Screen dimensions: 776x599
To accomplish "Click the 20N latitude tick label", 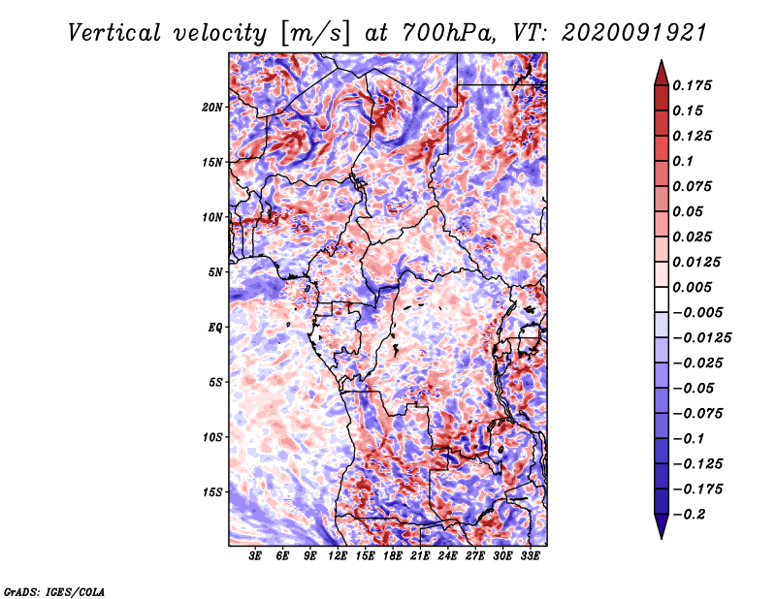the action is pos(212,108).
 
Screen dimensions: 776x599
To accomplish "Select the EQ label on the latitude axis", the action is pos(215,328).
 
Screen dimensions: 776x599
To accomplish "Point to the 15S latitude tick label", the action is pos(212,492).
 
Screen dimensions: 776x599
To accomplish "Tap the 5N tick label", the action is pos(215,272).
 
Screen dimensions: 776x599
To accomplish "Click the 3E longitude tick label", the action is pos(255,556).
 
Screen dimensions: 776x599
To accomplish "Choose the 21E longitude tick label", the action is pos(420,556).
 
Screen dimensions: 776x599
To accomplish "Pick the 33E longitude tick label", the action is pos(530,556).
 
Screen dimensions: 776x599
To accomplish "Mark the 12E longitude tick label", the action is pos(337,556).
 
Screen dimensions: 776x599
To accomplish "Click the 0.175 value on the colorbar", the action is pos(692,85).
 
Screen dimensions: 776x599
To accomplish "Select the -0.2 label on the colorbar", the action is pos(689,515).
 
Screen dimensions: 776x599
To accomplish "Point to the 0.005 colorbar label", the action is pos(692,287).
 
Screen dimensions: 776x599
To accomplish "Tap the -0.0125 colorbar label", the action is pos(701,338).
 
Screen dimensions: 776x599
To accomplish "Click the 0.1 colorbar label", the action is pos(683,161).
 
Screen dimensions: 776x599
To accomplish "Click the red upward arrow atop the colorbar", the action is pos(662,73).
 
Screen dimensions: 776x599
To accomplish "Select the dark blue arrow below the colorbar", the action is pos(662,526).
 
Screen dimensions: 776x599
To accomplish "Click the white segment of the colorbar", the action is pos(662,299).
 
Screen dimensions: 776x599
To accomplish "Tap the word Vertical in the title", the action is pos(114,33).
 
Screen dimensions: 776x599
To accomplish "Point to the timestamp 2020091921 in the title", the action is pos(634,33).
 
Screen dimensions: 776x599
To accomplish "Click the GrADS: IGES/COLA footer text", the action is pos(54,591).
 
